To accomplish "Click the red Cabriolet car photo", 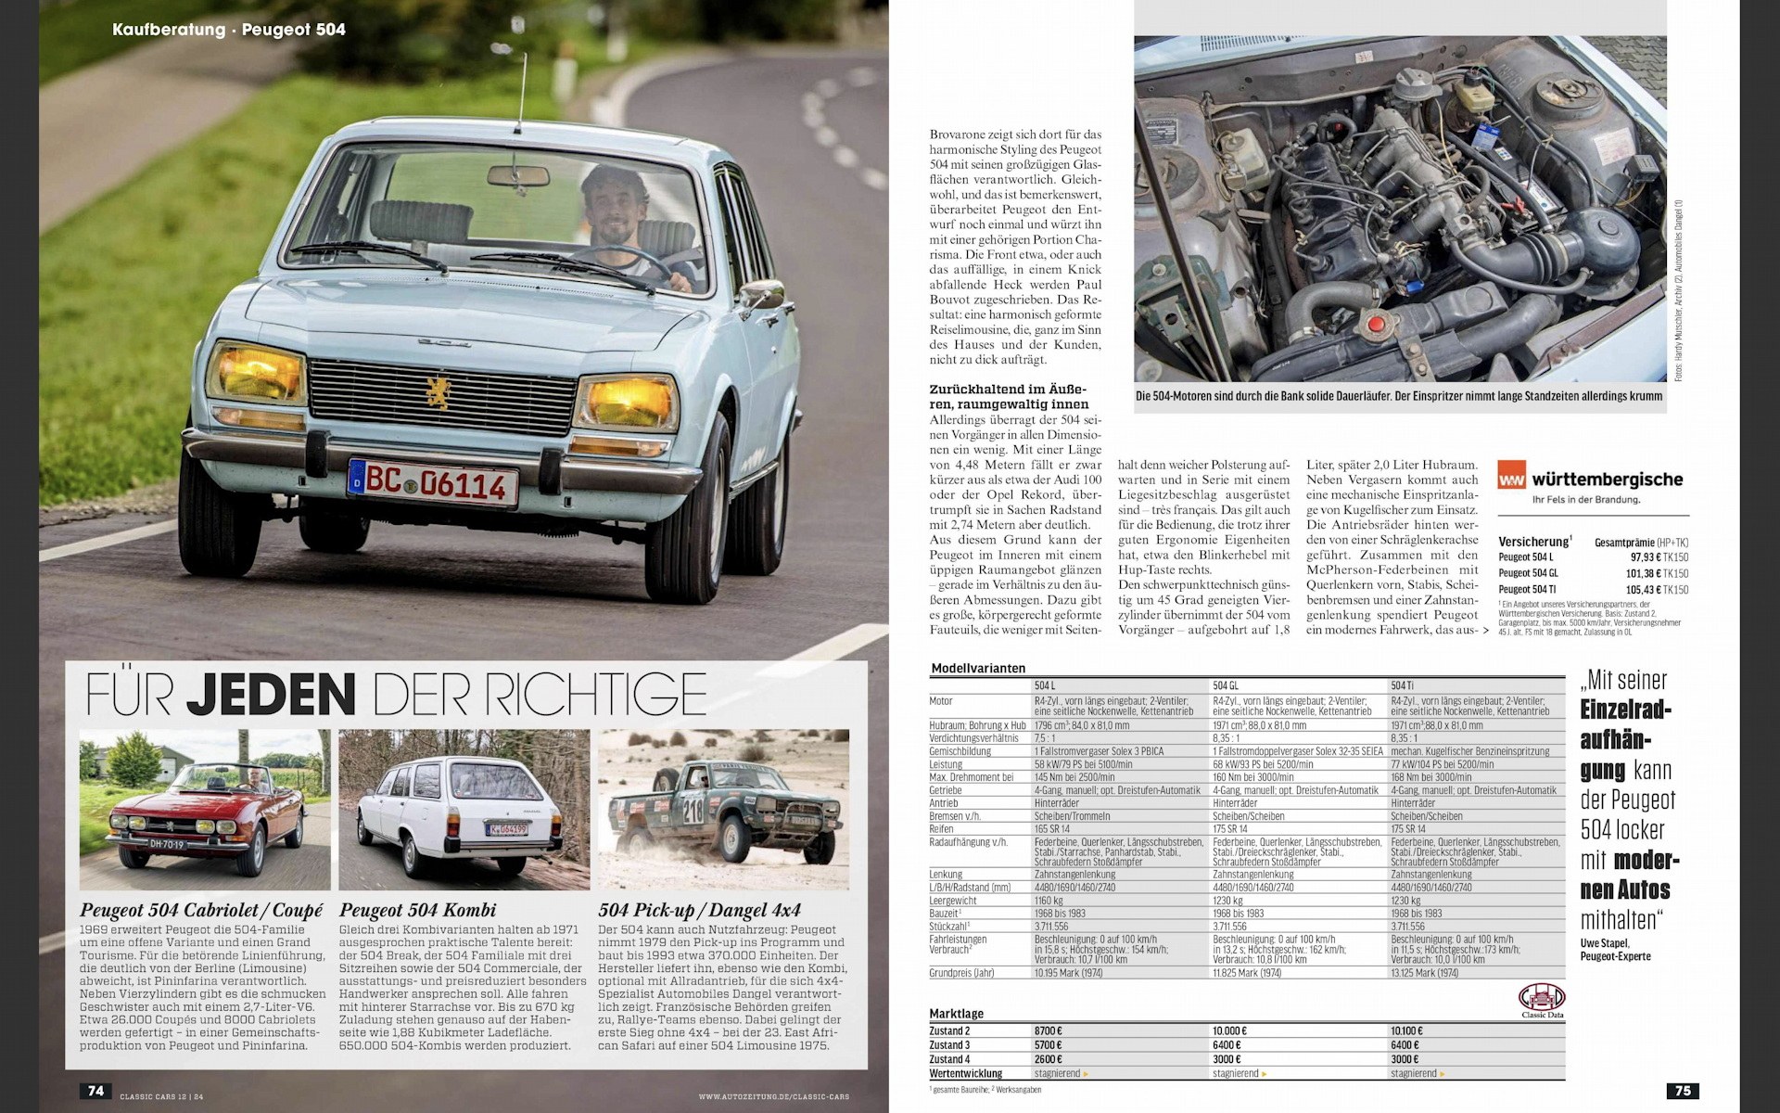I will (x=205, y=810).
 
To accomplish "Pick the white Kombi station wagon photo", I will (x=464, y=810).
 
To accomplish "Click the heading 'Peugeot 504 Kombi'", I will (x=417, y=910).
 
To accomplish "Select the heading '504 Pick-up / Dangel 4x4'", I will (x=699, y=910).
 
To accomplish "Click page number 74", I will (x=95, y=1091).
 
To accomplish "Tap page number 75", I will (x=1683, y=1091).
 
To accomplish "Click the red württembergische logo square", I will (x=1510, y=480).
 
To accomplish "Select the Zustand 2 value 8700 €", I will (x=1049, y=1030).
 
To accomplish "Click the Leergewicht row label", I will (x=952, y=900).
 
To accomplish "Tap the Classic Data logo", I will (x=1541, y=1000).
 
